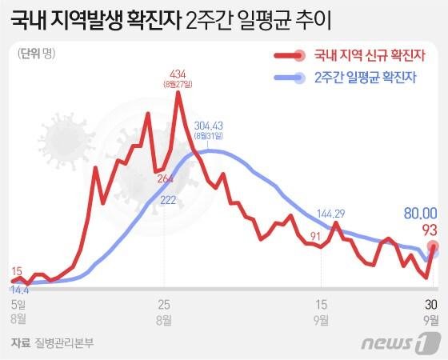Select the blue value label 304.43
[x=208, y=124]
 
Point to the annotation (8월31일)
[x=208, y=134]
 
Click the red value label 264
[x=166, y=178]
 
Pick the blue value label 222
[x=168, y=201]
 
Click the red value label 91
[x=315, y=236]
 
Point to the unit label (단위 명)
[x=34, y=54]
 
